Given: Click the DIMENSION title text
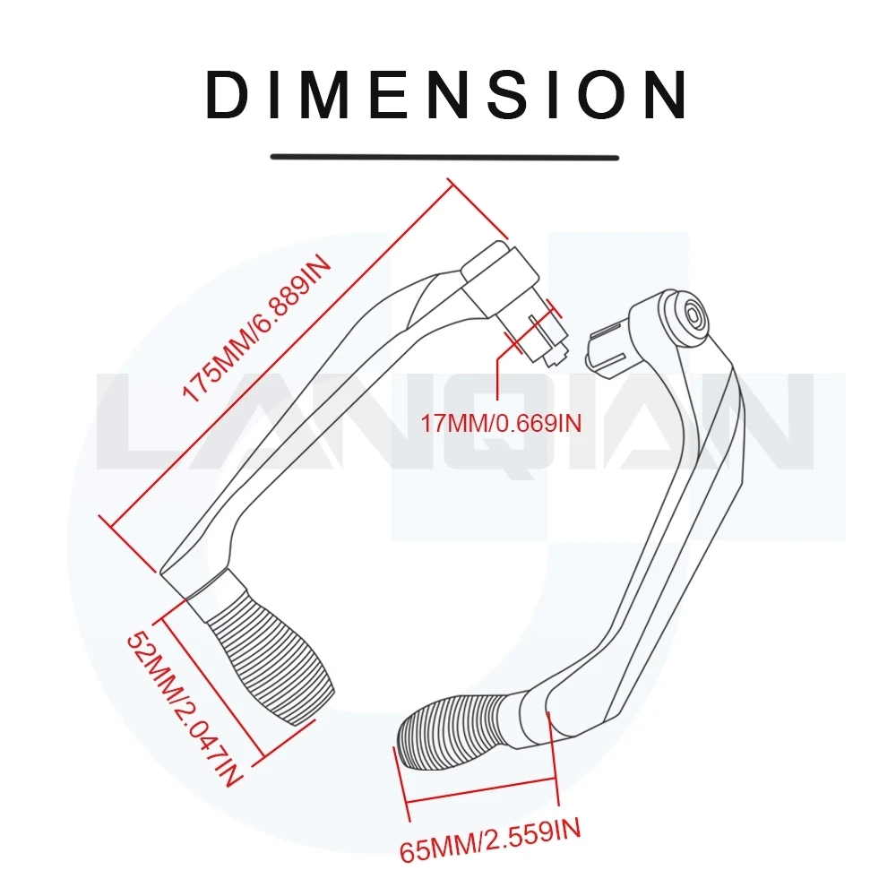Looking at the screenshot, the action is tap(446, 94).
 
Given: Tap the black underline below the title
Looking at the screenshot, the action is tap(445, 157).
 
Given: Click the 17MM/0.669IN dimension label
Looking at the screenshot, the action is tap(502, 422).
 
